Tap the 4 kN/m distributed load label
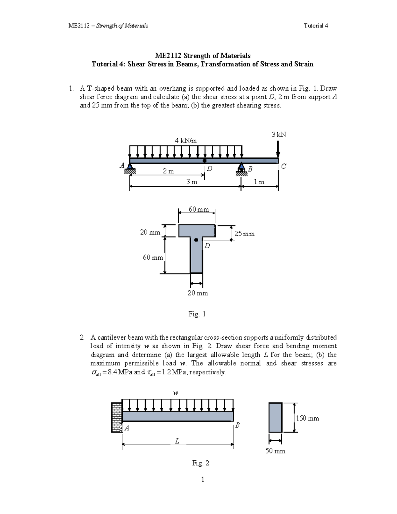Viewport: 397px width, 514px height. (186, 140)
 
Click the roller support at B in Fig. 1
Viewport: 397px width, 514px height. (242, 168)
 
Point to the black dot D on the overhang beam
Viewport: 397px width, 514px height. (204, 161)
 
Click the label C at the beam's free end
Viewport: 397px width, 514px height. (284, 166)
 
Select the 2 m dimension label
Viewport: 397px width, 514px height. (168, 171)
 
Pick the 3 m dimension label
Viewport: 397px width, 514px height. (192, 182)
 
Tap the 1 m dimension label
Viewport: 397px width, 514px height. (259, 182)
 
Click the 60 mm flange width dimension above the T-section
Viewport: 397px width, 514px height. (198, 210)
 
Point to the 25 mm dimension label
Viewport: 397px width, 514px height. (244, 234)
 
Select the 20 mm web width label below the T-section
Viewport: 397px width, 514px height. (198, 293)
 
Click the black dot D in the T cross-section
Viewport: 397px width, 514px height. (196, 240)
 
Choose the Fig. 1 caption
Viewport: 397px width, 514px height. (197, 314)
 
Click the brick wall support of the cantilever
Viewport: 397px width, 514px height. (116, 417)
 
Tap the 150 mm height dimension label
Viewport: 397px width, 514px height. (307, 418)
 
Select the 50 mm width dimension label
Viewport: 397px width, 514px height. (275, 451)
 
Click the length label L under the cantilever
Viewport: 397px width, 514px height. (177, 441)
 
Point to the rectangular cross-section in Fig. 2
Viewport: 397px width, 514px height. (275, 417)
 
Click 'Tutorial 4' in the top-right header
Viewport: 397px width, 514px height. (316, 25)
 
